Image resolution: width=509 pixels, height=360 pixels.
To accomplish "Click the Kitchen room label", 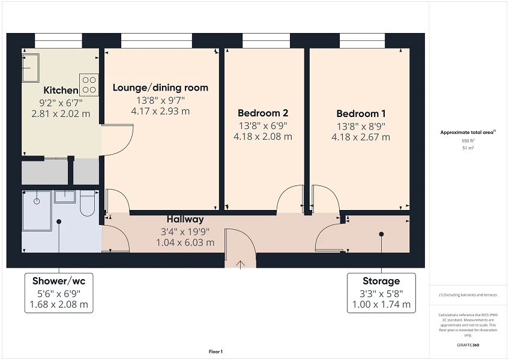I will pos(60,90).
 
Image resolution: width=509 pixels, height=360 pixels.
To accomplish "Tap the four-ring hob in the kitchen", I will pos(89,85).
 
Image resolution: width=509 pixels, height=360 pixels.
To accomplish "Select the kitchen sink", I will pos(30,67).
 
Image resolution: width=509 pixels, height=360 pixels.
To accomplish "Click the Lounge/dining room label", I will pos(160,88).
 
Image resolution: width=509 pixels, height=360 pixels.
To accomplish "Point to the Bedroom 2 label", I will pos(263,113).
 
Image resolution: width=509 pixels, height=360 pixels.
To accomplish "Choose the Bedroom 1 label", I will pos(361,113).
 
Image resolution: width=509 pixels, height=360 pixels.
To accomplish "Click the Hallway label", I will pos(185,219).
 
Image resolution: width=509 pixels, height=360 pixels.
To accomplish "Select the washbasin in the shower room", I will pos(65,197).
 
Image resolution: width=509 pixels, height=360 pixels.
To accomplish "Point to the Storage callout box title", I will pos(381,281).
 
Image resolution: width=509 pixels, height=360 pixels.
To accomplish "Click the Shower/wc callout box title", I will pos(59,281).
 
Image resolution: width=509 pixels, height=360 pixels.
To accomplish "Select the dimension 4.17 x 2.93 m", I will pos(160,111).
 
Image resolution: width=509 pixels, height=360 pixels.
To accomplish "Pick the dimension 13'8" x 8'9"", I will pos(361,126).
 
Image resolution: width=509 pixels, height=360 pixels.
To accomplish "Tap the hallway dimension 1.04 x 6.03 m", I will pos(185,242).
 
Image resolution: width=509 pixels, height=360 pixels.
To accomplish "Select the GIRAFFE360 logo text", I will pos(468,345).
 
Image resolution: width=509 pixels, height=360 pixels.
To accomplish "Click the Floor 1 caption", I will pos(215,352).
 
